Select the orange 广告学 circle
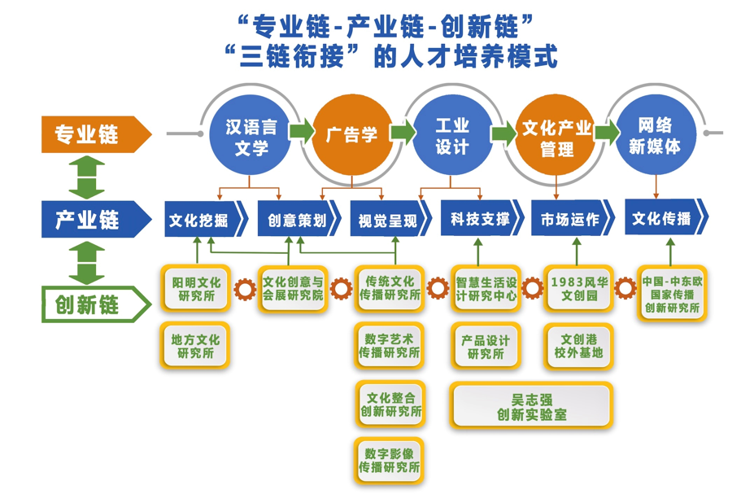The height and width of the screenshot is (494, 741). (x=351, y=135)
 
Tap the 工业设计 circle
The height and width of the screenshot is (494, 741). (x=452, y=136)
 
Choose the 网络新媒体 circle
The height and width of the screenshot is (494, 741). (x=655, y=136)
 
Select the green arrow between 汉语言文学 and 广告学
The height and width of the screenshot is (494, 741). (x=301, y=131)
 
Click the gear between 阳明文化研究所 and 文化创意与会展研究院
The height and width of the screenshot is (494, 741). (x=244, y=288)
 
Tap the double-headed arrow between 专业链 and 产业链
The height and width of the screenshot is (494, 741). (x=87, y=177)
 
